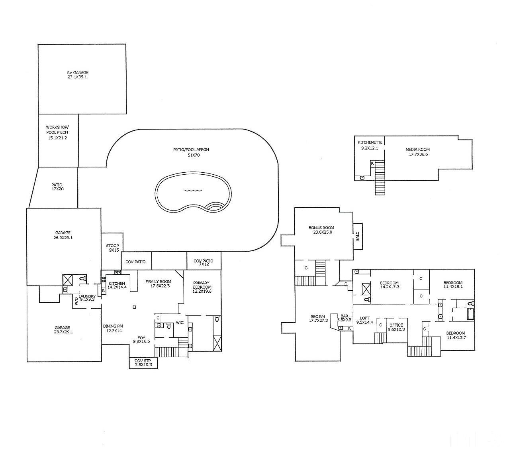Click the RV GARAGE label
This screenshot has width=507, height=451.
point(77,75)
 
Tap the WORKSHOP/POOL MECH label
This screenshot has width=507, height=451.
point(57,132)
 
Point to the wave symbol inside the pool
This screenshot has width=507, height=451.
point(193,190)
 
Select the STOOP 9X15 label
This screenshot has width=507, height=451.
point(112,248)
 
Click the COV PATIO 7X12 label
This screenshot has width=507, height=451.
point(204,263)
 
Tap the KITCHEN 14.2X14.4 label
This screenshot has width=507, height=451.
point(117,285)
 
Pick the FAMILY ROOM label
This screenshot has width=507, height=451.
point(158,284)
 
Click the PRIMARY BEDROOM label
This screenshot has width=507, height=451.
point(202,287)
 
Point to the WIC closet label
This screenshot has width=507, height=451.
point(180,322)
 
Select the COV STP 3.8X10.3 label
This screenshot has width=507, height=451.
point(143,362)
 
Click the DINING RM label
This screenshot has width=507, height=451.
point(113,328)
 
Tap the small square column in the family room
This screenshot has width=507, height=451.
point(135,307)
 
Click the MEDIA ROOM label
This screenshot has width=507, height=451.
point(417,152)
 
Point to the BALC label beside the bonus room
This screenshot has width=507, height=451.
point(357,236)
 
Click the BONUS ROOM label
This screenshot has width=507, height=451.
point(321,230)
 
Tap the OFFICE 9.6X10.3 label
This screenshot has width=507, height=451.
point(396,327)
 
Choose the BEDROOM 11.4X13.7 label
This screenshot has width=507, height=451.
point(456,335)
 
